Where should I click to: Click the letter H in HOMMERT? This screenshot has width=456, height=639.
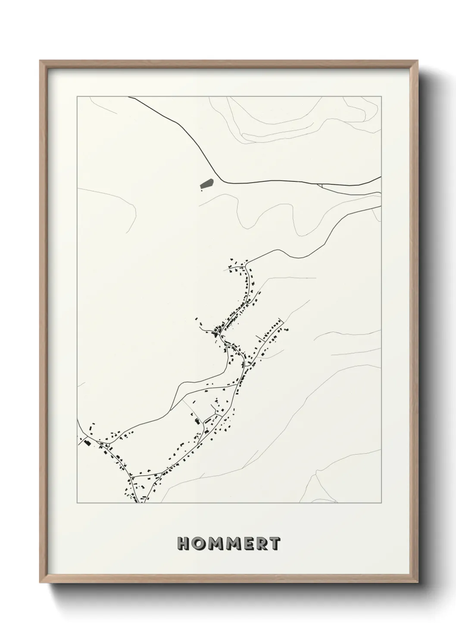click(183, 544)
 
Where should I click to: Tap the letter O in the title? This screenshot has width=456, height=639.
click(198, 544)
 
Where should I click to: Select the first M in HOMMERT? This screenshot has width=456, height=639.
click(214, 544)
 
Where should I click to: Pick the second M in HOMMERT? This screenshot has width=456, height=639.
click(232, 544)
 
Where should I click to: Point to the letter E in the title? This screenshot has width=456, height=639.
click(248, 544)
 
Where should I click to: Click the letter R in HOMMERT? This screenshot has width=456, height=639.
click(261, 544)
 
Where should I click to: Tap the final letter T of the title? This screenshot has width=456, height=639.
click(275, 544)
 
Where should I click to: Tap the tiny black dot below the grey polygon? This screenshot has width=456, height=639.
click(201, 190)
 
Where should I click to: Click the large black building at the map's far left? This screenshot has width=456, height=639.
click(87, 442)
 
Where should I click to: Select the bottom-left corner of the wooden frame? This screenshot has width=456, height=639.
click(41, 582)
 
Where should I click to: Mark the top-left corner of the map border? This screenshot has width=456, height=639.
click(77, 97)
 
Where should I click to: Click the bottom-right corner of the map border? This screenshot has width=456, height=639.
click(381, 503)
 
